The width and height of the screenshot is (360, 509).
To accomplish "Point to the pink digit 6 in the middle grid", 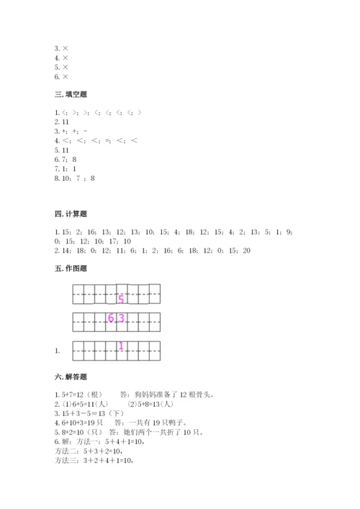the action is (x=112, y=319).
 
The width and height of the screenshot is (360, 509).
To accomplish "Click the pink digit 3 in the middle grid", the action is (x=122, y=319).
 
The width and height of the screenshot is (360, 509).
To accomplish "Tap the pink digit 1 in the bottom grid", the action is (x=121, y=346).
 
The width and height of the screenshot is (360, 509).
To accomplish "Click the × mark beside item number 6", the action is (x=65, y=76).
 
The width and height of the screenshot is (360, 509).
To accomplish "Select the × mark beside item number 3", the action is (x=65, y=48).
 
